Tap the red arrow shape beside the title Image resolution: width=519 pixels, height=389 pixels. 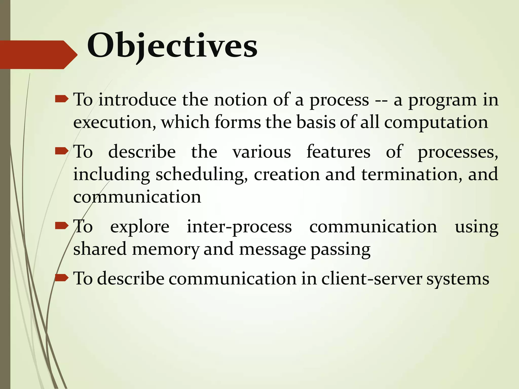click(x=38, y=55)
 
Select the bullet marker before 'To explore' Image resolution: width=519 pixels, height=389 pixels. click(x=62, y=225)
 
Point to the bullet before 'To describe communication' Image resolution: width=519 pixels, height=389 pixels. click(x=62, y=278)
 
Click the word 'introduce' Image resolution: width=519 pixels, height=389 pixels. click(x=137, y=100)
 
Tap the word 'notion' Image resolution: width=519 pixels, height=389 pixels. click(x=240, y=100)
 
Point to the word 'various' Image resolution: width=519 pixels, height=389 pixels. click(x=262, y=152)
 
